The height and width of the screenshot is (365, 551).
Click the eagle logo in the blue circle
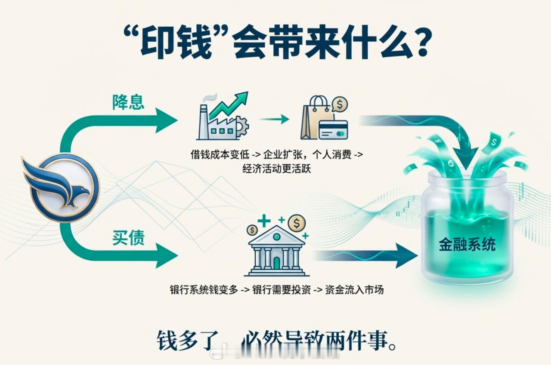[x=60, y=187]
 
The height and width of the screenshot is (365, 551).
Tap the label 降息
[x=128, y=102]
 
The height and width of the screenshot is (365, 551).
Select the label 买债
[x=128, y=238]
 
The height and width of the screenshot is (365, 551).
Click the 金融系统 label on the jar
[x=467, y=245]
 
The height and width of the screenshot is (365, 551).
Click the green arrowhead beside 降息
[x=165, y=121]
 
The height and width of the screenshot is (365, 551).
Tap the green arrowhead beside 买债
[x=165, y=256]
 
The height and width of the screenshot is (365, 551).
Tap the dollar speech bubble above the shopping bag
[x=340, y=104]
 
